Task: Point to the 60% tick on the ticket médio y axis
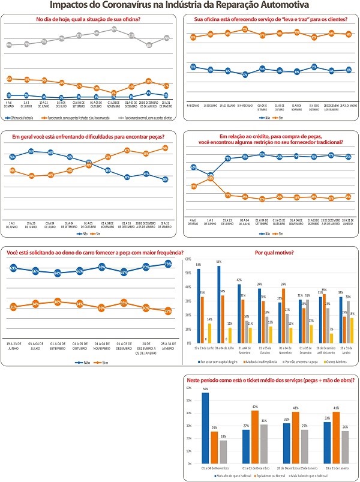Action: pos(190,388)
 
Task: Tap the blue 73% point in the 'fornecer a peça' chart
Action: pos(168,264)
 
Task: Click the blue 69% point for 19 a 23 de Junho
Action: pos(13,268)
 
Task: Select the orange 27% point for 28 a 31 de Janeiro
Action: pos(168,310)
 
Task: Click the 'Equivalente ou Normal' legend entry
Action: pos(268,475)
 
